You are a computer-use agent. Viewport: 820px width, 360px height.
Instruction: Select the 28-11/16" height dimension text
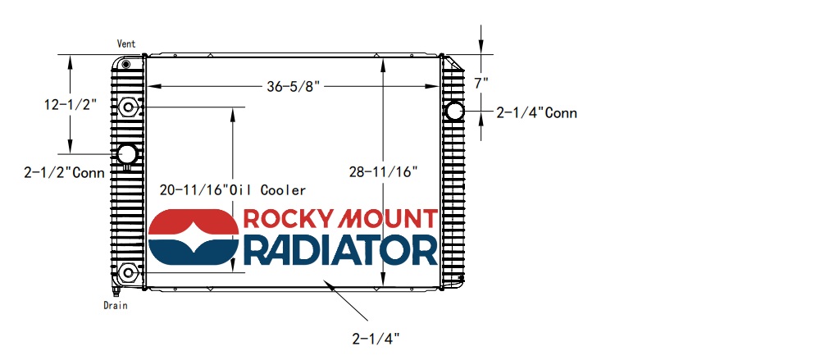[384, 171]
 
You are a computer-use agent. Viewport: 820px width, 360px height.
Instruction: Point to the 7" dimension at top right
[481, 82]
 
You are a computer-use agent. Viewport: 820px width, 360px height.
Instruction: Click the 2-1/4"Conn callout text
[536, 113]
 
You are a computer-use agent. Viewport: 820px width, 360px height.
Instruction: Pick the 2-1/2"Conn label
[65, 172]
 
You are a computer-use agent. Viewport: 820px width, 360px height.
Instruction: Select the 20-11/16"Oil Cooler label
[233, 190]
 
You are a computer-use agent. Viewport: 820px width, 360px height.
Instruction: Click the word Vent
[126, 43]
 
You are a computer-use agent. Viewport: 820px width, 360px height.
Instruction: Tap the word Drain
[116, 305]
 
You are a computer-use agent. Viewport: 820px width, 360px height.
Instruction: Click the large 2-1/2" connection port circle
[127, 153]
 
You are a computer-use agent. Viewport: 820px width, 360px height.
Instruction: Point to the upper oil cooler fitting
[128, 107]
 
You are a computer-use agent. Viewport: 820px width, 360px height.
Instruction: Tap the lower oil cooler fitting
[128, 272]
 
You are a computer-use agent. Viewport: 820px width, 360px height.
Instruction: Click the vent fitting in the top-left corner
[125, 64]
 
